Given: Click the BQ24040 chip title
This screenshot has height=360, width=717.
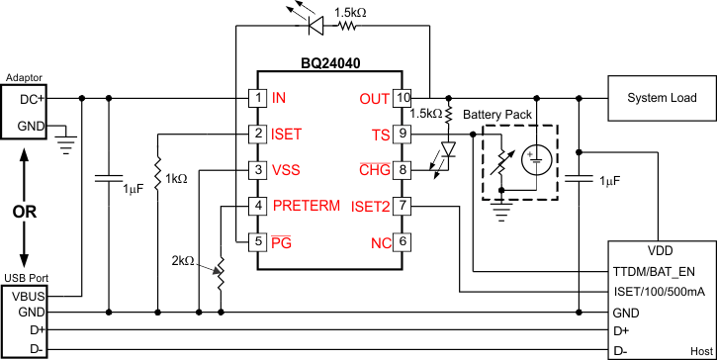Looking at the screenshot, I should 330,62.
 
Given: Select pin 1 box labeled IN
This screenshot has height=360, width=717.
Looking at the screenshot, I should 257,98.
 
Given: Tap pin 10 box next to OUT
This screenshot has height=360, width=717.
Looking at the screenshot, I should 403,98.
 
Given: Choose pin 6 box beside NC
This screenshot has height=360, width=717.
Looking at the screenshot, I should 403,241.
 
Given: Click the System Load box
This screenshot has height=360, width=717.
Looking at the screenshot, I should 661,98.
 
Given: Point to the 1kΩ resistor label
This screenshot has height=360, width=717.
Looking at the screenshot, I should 175,179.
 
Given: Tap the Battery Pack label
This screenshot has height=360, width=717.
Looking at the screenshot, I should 496,115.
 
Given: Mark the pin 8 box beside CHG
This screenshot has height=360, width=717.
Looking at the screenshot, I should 403,170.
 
